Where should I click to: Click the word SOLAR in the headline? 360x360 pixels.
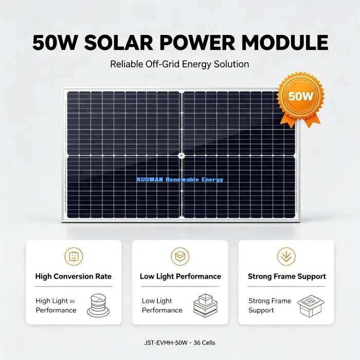(x=119, y=43)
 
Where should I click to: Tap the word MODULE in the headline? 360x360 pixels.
(x=285, y=43)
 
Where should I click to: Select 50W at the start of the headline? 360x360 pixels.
(x=54, y=43)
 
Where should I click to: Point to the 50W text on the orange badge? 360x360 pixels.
(x=300, y=96)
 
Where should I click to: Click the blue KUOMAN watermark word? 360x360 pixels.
(x=150, y=179)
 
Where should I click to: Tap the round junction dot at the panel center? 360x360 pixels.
(x=182, y=156)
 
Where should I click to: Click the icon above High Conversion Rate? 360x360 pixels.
(x=74, y=257)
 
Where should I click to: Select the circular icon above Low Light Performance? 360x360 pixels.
(x=180, y=257)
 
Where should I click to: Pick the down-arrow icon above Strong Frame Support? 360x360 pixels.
(x=286, y=257)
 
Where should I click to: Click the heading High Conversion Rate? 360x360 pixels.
(x=74, y=276)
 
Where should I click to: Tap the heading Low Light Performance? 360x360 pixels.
(x=181, y=277)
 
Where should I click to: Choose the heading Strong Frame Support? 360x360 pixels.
(x=287, y=277)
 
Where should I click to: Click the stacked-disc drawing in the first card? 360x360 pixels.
(x=99, y=305)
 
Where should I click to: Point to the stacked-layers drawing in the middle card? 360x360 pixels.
(x=205, y=305)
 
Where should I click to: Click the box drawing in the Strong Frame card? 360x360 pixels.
(x=311, y=306)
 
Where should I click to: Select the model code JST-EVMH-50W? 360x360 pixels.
(x=166, y=343)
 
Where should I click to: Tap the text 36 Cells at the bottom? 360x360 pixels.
(x=204, y=343)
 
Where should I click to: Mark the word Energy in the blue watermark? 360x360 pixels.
(x=212, y=180)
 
